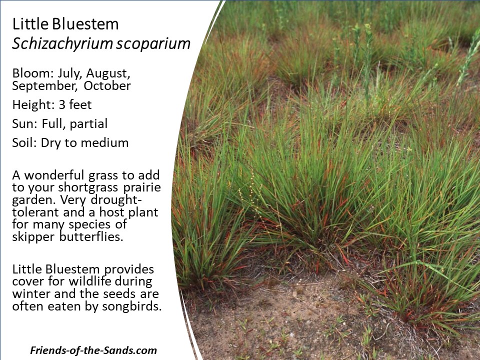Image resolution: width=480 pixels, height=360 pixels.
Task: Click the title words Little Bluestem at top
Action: (65, 24)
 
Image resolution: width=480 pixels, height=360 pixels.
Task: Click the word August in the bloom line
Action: (108, 74)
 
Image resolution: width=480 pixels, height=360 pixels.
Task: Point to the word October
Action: (107, 85)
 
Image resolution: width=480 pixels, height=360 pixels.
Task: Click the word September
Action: (44, 86)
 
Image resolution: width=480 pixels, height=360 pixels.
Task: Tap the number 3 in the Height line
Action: (62, 104)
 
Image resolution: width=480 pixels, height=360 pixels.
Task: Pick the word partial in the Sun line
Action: (88, 123)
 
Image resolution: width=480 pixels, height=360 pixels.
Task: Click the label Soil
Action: (24, 142)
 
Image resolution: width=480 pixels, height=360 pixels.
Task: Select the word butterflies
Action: (91, 236)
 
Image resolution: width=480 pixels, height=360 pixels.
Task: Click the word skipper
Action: (33, 237)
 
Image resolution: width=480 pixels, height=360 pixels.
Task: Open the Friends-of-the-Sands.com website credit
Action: (93, 350)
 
